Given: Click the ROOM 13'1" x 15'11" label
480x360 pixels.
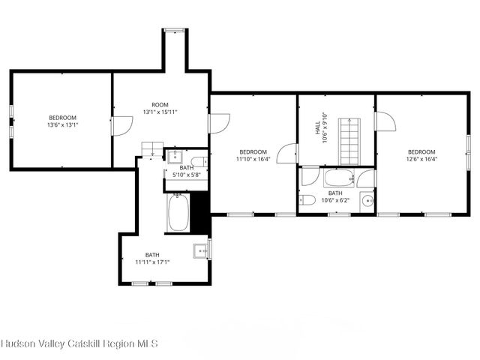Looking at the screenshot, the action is click(160, 108).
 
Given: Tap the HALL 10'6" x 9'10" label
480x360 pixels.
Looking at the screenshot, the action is click(321, 127).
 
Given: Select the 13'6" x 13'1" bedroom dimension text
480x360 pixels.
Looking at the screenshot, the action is click(63, 125).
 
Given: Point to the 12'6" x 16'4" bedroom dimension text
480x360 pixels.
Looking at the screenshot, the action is click(421, 159).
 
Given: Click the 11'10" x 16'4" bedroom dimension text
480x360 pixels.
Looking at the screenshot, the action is click(253, 159).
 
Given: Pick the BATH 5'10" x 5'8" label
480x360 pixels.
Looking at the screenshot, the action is click(187, 172).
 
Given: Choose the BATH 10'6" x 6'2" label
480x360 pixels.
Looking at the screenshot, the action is click(335, 196).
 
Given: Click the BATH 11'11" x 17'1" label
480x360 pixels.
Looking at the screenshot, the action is click(152, 258).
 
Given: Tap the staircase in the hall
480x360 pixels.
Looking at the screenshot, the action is click(349, 142).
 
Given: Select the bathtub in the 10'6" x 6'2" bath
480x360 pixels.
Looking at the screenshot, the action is click(339, 178).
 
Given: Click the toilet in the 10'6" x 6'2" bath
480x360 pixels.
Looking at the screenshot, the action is click(307, 200).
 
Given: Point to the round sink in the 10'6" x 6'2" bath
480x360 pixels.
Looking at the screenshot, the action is click(367, 201).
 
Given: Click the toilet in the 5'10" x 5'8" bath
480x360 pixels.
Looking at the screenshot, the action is click(199, 161).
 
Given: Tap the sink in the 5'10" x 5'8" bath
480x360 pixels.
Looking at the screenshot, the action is click(175, 157).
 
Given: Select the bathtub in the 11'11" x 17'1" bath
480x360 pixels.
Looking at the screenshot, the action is click(178, 213).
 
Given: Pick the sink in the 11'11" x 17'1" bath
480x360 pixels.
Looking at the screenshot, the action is click(201, 251).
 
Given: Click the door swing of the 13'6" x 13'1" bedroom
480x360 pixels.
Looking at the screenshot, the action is click(121, 126).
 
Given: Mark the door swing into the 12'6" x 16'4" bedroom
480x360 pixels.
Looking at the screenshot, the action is click(385, 121).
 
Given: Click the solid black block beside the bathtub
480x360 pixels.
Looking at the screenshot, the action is click(200, 213).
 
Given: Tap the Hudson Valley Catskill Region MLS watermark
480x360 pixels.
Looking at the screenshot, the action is click(79, 343).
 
